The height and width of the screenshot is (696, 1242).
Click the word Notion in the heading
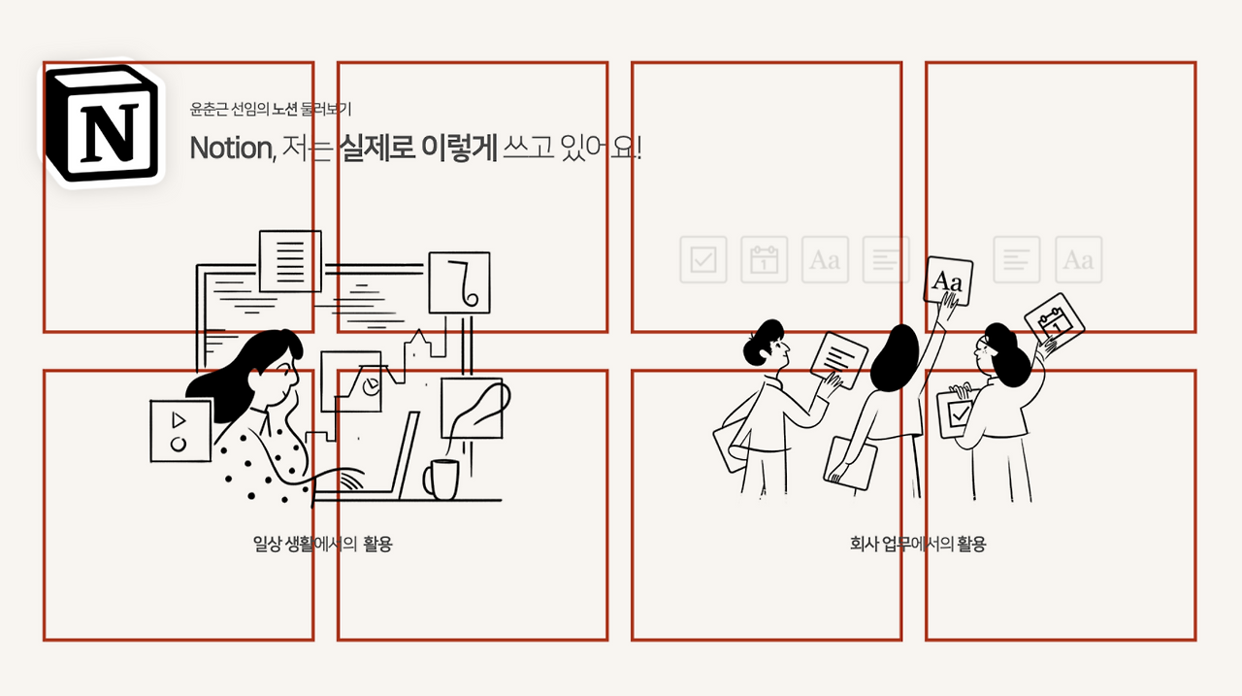coord(231,148)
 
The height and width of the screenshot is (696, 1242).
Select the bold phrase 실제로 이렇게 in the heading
coord(417,148)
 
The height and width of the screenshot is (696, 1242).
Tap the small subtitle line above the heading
coord(278,110)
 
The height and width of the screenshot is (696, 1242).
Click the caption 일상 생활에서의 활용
coord(322,544)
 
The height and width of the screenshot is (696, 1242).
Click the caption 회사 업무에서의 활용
coord(917,544)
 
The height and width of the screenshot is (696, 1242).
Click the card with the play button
coord(180,431)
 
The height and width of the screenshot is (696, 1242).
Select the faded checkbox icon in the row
coord(703,260)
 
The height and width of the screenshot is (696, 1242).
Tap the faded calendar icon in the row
coord(765,260)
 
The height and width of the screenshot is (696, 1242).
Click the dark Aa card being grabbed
coord(948,282)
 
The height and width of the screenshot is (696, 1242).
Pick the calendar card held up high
coord(1054,320)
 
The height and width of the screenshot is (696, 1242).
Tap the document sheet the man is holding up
coord(838,359)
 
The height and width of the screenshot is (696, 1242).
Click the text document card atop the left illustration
coord(290,260)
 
